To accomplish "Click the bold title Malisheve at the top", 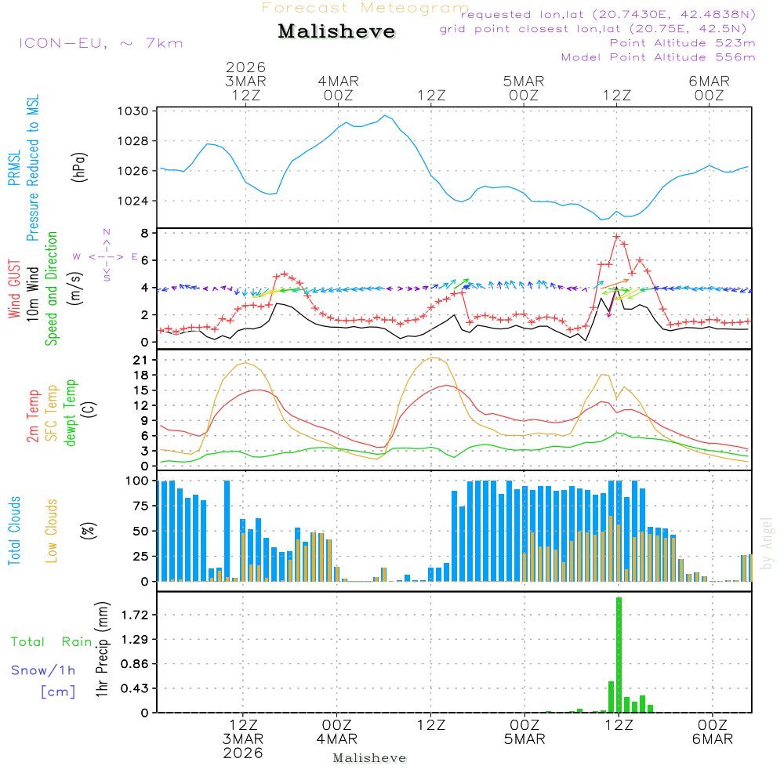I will (336, 32).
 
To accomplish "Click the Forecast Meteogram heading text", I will (365, 8).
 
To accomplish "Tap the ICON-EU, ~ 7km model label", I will (100, 43).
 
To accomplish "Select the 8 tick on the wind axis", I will (144, 233).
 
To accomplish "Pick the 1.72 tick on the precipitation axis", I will (135, 615).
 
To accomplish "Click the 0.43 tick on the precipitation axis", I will (135, 688).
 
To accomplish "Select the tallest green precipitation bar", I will (619, 655).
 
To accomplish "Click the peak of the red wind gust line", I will (617, 236).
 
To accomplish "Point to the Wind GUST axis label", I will (14, 289).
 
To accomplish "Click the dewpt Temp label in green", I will (71, 413).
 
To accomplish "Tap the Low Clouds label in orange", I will (53, 531).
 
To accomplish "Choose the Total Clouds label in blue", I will (14, 531).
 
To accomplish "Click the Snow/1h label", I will (43, 670).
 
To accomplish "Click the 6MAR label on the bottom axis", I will (712, 739).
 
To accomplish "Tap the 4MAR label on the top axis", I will (338, 82).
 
